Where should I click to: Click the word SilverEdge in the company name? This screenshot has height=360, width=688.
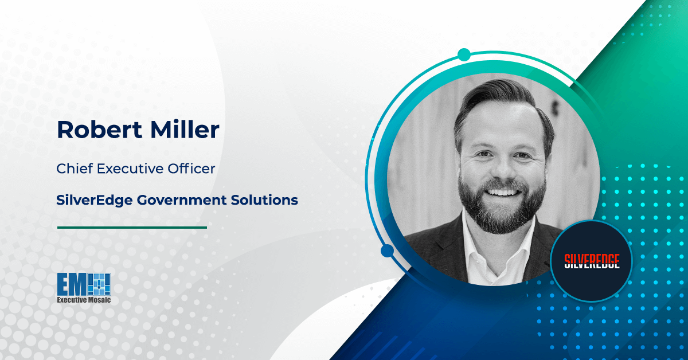91,200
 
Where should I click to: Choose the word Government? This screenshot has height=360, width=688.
171,200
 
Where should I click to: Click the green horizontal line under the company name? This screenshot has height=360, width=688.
132,228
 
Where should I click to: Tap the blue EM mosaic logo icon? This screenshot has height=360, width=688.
84,284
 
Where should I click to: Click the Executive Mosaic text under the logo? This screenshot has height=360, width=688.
84,300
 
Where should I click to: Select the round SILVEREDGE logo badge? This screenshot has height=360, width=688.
591,261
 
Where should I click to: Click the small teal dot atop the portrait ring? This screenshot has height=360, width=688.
464,55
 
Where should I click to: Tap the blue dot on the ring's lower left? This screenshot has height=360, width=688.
387,251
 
